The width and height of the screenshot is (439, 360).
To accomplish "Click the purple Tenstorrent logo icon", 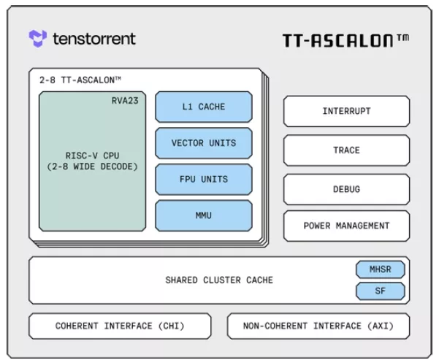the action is [x=37, y=39].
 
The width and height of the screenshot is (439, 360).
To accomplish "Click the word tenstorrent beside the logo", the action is [x=94, y=39].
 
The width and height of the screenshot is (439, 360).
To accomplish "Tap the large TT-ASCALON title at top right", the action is [x=346, y=40].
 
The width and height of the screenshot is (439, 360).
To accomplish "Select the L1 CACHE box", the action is [x=204, y=107].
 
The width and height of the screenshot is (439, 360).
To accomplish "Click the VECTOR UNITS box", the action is [x=204, y=143].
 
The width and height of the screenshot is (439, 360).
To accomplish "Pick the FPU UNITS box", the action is [x=204, y=179].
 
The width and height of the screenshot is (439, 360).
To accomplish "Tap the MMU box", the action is [x=204, y=215].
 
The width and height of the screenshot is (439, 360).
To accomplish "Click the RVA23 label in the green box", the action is [x=125, y=101].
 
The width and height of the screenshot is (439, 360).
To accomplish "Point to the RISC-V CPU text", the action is [x=92, y=156].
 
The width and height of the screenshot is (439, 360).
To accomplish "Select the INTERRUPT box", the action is [x=346, y=111].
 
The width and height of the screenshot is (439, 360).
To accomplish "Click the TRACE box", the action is [x=346, y=150].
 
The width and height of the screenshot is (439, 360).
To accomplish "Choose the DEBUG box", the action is [x=346, y=190].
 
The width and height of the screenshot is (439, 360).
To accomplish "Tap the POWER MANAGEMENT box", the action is [x=346, y=226].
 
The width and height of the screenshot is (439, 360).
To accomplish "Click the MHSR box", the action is [x=381, y=269].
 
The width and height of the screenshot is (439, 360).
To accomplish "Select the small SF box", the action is [x=381, y=291].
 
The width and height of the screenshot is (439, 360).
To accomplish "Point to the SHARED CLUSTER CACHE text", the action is [x=219, y=280].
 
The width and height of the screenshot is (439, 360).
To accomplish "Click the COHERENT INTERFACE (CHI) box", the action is [x=120, y=326].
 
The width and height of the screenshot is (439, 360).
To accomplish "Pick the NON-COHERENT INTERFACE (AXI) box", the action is [x=318, y=326].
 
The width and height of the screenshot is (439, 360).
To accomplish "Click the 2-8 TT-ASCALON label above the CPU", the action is [x=80, y=80].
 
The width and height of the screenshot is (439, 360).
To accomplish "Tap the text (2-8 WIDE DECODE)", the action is [x=92, y=166].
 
